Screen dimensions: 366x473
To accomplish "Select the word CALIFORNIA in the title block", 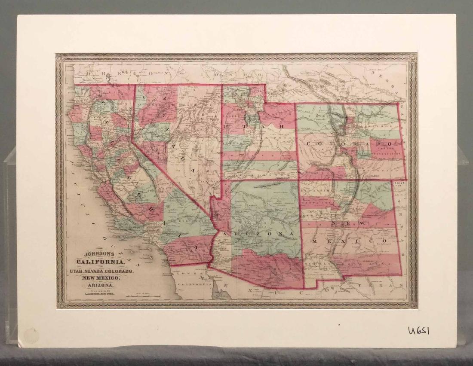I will click(101, 262).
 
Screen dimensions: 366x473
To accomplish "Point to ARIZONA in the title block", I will click(101, 285).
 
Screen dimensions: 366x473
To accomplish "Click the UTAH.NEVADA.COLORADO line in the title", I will click(101, 271).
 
